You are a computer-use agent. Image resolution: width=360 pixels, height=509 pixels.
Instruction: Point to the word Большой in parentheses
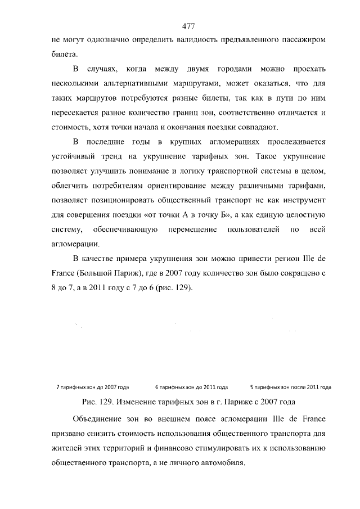pos(102,274)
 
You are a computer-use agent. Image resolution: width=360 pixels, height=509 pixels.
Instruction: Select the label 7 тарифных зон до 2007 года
pos(93,387)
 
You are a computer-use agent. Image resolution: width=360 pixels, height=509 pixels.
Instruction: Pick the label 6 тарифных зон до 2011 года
pos(191,387)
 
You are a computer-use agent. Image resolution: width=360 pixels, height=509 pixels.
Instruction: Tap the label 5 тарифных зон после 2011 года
pos(290,387)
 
